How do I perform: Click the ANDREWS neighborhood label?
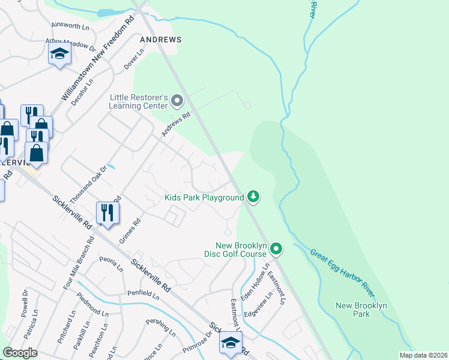click(160, 39)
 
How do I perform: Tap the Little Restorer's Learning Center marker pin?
click(176, 100)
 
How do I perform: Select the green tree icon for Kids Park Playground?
click(253, 196)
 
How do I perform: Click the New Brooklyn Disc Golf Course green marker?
click(276, 248)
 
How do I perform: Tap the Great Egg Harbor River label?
click(342, 273)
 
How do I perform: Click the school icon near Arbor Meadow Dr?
click(59, 55)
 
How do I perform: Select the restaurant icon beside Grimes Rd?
click(107, 213)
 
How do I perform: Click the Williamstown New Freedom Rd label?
click(98, 59)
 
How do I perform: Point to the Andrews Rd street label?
click(175, 125)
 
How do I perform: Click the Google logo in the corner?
click(20, 353)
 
